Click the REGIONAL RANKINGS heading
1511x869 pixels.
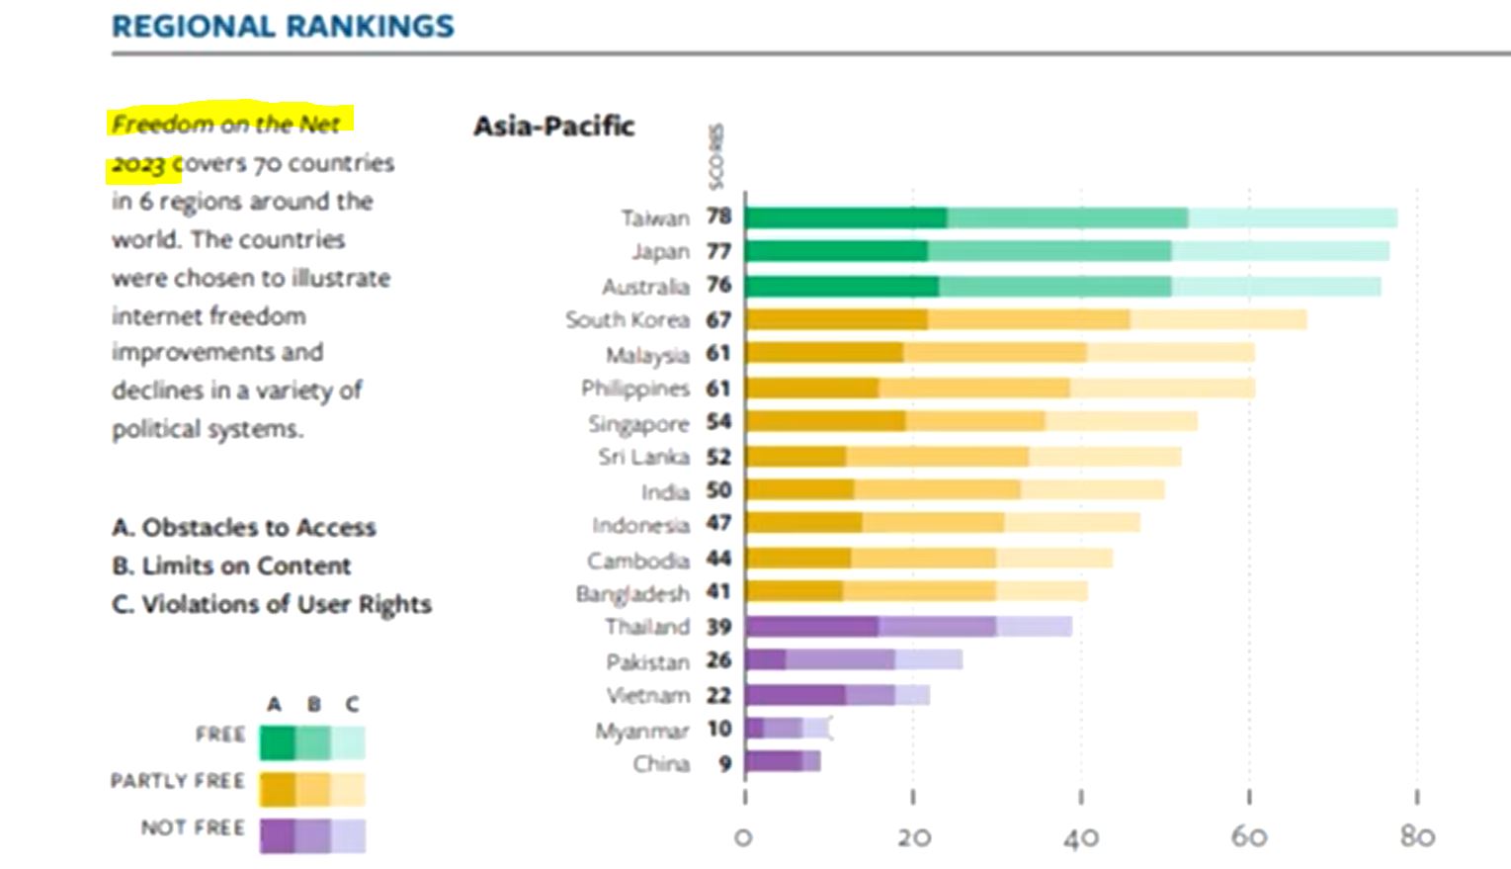click(283, 27)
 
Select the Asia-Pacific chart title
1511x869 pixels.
click(553, 127)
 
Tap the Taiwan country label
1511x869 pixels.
click(654, 217)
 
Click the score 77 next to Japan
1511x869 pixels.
click(718, 251)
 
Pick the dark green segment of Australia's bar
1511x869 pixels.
click(842, 287)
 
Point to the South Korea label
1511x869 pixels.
click(627, 320)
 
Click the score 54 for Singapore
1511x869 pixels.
click(718, 422)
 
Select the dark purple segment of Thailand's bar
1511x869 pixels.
click(812, 627)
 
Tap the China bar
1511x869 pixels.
click(783, 761)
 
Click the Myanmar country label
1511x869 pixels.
click(641, 732)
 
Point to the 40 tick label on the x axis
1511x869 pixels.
click(1080, 838)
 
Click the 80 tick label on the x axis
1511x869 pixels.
click(1417, 837)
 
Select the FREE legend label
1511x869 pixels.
click(219, 735)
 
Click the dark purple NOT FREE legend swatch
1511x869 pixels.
click(277, 835)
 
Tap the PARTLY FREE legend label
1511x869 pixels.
click(178, 781)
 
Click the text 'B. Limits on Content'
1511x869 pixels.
click(231, 566)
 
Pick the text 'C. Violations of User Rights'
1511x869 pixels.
click(272, 605)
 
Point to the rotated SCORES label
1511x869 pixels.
click(716, 156)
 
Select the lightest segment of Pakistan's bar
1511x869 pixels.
click(928, 659)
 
